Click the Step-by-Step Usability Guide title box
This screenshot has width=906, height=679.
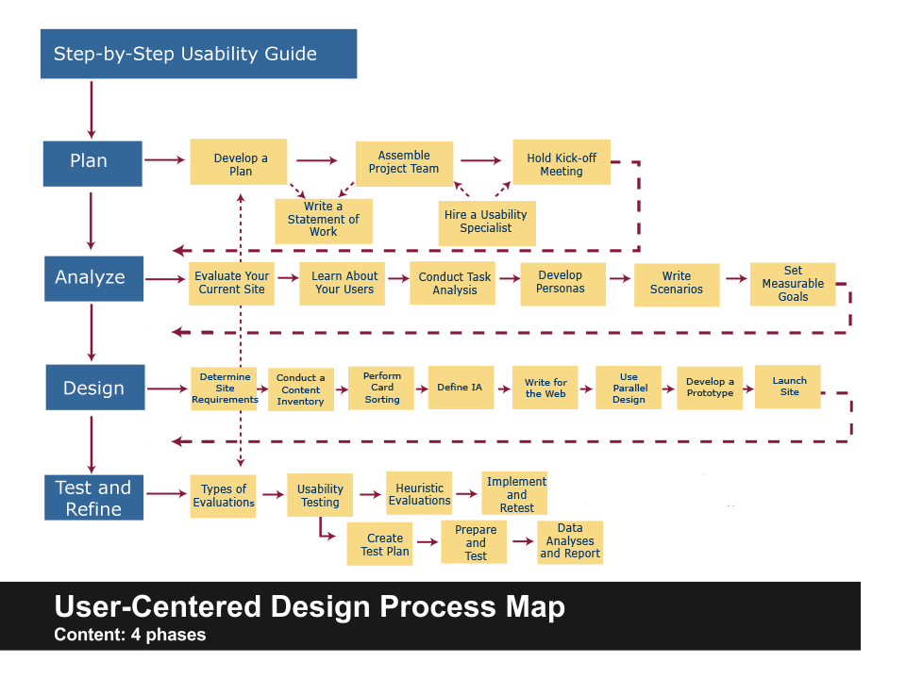pyautogui.click(x=198, y=54)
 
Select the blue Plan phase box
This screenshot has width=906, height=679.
pyautogui.click(x=92, y=162)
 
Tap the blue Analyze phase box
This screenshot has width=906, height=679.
pyautogui.click(x=93, y=278)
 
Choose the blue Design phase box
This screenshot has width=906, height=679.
pyautogui.click(x=94, y=388)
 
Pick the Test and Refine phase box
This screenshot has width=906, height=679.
pyautogui.click(x=93, y=498)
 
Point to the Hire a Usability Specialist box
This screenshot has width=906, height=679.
pyautogui.click(x=486, y=223)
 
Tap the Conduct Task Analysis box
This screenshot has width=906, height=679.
pyautogui.click(x=454, y=283)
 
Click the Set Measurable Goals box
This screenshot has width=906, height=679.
pyautogui.click(x=793, y=284)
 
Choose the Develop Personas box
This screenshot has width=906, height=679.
pyautogui.click(x=562, y=283)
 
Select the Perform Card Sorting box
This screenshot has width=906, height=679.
pyautogui.click(x=382, y=388)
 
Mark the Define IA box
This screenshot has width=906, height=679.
pyautogui.click(x=460, y=388)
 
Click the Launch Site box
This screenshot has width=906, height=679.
pyautogui.click(x=788, y=387)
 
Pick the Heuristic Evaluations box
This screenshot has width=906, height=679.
pyautogui.click(x=419, y=495)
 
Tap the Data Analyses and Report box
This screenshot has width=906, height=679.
pyautogui.click(x=570, y=542)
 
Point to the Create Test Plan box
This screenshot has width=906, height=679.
pyautogui.click(x=384, y=544)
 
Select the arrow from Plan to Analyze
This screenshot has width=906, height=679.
pyautogui.click(x=92, y=221)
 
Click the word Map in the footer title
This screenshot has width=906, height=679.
pyautogui.click(x=533, y=607)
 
